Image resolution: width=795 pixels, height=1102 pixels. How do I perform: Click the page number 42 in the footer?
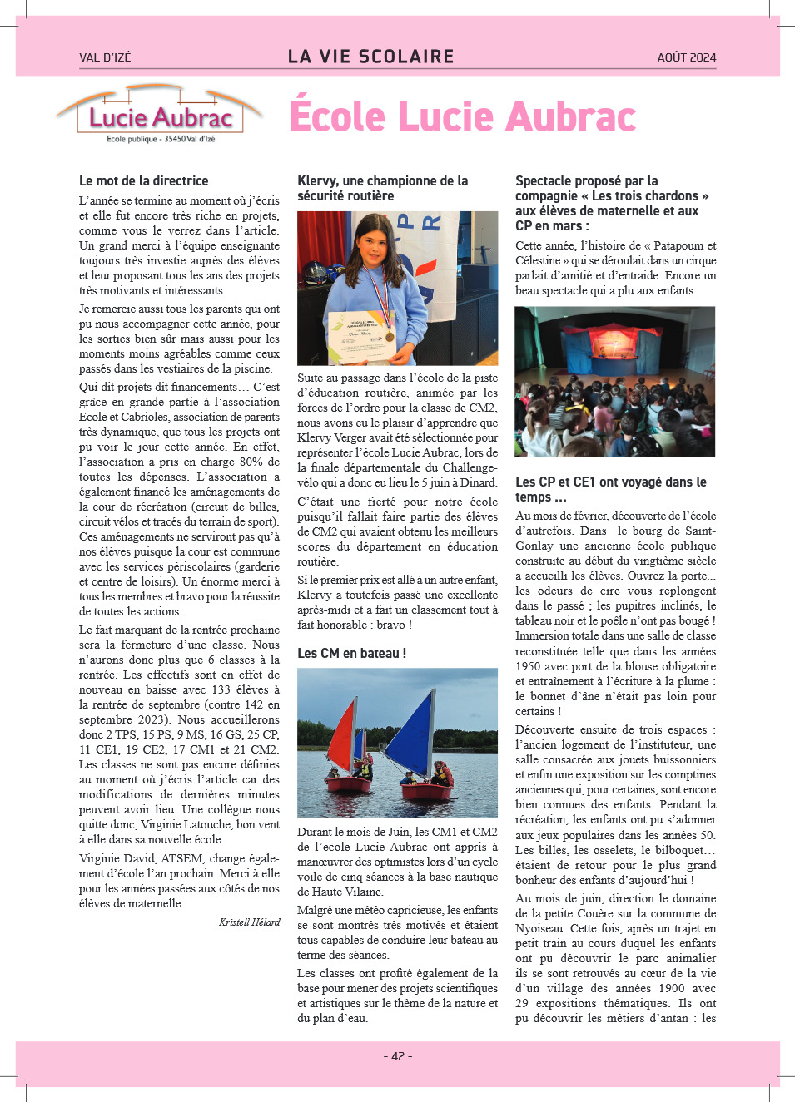pyautogui.click(x=398, y=1056)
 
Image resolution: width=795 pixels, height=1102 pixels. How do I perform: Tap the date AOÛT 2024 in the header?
pyautogui.click(x=686, y=57)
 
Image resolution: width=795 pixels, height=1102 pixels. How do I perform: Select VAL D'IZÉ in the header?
pyautogui.click(x=105, y=57)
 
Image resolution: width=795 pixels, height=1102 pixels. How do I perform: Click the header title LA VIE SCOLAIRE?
pyautogui.click(x=371, y=57)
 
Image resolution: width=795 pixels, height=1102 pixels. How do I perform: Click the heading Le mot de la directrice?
pyautogui.click(x=144, y=180)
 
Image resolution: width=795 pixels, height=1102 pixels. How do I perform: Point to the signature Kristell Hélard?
pyautogui.click(x=249, y=922)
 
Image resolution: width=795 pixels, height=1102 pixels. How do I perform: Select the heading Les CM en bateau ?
pyautogui.click(x=351, y=653)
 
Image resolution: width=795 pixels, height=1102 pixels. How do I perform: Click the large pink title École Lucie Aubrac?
pyautogui.click(x=463, y=116)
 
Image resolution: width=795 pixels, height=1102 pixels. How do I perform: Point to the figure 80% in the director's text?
pyautogui.click(x=251, y=462)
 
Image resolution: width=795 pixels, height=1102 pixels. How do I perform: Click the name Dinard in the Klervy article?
pyautogui.click(x=478, y=482)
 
